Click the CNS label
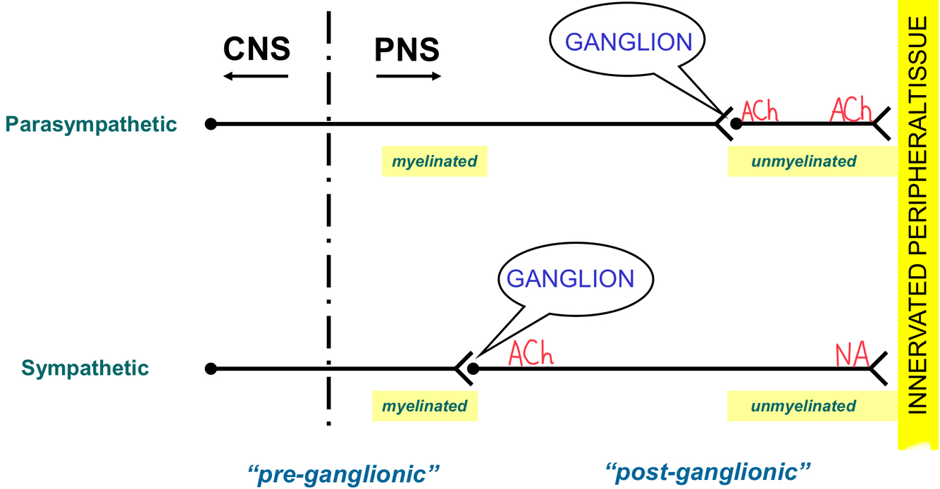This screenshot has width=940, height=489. [x=256, y=49]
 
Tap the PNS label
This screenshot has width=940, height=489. [x=407, y=50]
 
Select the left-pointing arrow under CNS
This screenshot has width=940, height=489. [x=256, y=75]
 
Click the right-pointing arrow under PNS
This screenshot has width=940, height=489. [x=409, y=75]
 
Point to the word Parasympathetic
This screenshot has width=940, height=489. [x=91, y=125]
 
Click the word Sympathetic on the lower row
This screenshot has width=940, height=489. [x=85, y=369]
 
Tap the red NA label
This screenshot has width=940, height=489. [x=851, y=354]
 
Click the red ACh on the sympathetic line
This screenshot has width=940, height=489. [x=531, y=354]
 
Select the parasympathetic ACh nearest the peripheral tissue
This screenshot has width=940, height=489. [x=851, y=111]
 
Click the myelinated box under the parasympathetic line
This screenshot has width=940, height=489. [x=434, y=161]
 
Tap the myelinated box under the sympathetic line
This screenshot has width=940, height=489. [x=424, y=407]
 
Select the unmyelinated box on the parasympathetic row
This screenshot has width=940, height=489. [x=803, y=161]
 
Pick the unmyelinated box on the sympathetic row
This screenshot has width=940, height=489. [x=803, y=407]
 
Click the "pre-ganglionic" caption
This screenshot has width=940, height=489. [x=344, y=471]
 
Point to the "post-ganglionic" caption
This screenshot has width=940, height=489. [x=708, y=470]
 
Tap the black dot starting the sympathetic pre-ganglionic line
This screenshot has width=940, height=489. [x=210, y=369]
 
